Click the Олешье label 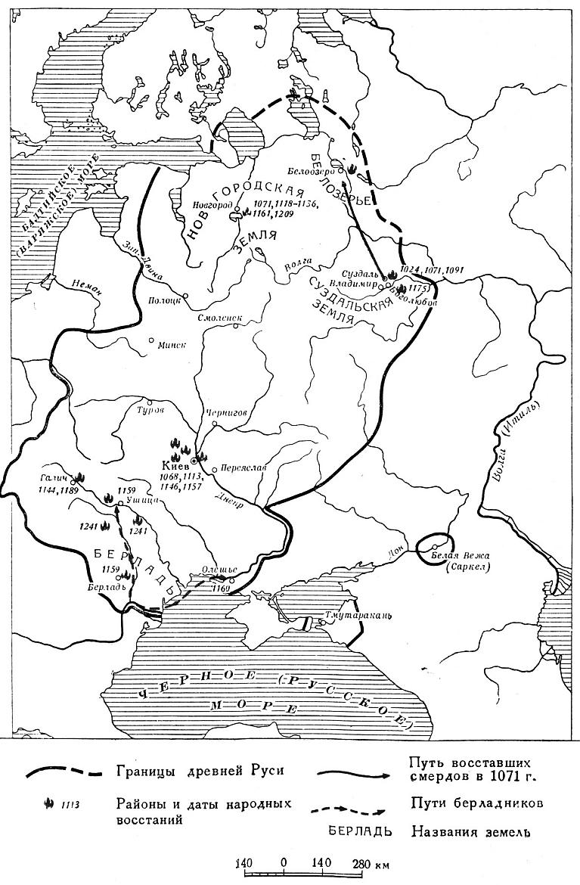point(221,570)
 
